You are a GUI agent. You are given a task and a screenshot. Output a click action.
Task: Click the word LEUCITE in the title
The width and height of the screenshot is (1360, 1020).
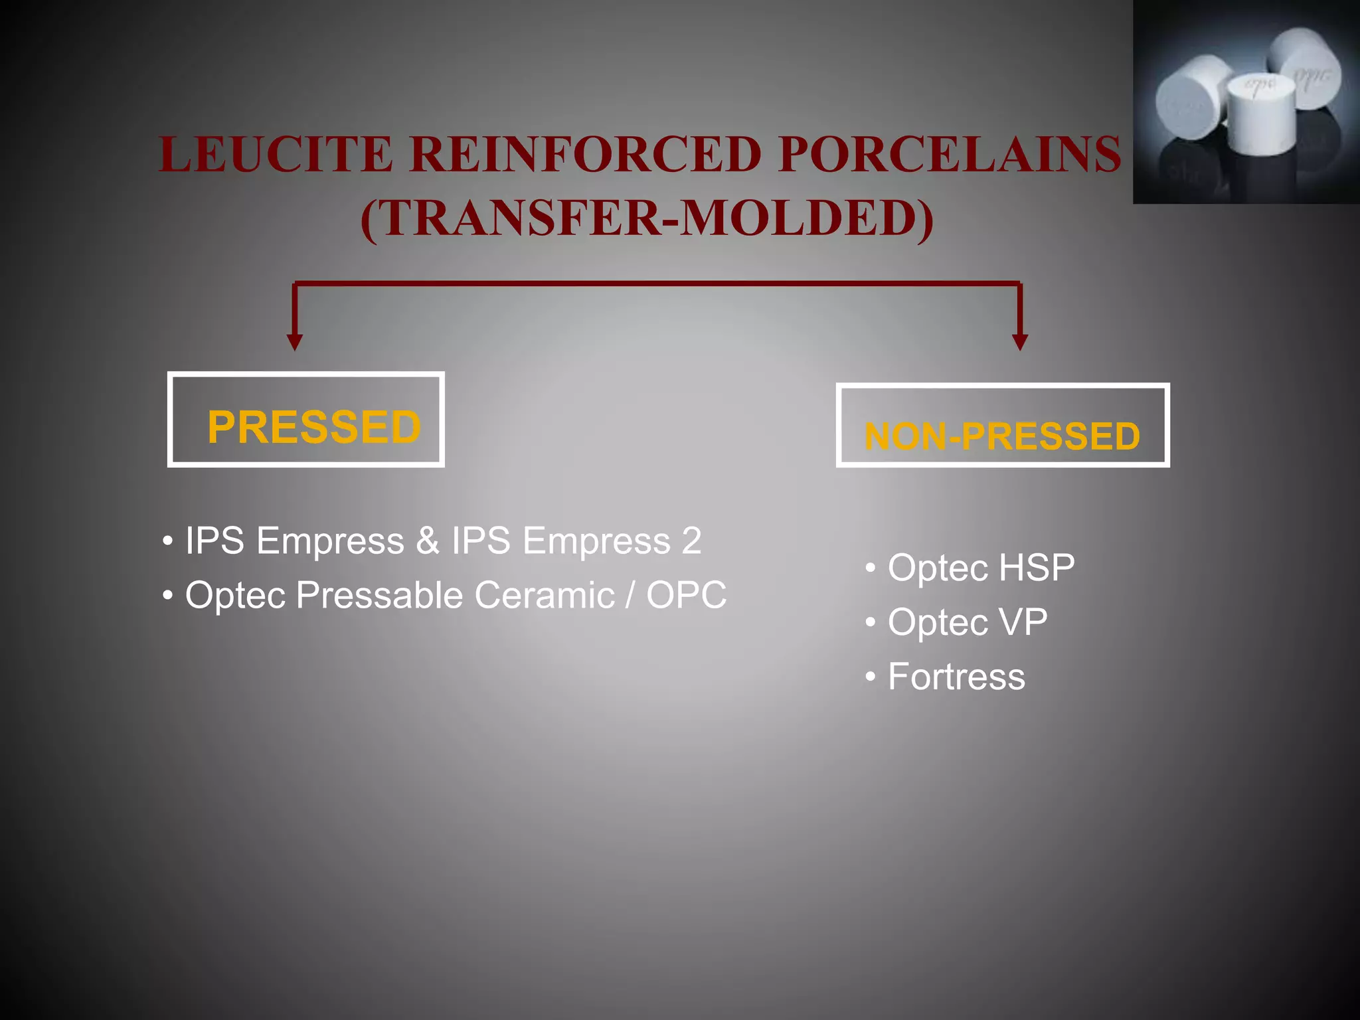tap(276, 155)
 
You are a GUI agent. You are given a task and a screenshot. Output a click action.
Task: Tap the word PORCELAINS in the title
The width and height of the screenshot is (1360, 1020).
tap(950, 155)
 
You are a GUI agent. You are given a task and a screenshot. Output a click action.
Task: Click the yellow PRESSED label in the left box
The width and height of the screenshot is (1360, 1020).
tap(314, 427)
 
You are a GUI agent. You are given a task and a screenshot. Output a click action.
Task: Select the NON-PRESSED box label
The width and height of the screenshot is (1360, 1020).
tap(1002, 436)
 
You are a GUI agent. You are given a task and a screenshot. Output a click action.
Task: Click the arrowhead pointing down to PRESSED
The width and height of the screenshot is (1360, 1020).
tap(295, 341)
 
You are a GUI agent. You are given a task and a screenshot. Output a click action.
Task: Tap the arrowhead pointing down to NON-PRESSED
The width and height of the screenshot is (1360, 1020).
tap(1020, 341)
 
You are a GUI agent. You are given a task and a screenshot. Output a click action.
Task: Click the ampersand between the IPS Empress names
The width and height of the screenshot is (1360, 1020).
tap(428, 541)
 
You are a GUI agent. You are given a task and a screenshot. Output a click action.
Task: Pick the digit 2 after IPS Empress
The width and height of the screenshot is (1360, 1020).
tap(691, 541)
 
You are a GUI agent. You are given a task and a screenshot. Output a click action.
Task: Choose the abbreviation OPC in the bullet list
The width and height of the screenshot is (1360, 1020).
tap(686, 595)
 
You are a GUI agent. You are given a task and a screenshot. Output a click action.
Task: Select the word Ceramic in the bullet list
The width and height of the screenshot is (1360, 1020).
tap(545, 595)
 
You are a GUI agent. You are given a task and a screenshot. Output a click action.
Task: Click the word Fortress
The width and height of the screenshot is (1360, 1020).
tap(956, 677)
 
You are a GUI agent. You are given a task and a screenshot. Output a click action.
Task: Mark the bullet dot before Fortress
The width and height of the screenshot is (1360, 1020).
tap(871, 677)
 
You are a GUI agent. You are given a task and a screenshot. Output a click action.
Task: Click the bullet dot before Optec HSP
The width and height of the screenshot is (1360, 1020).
tap(871, 568)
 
